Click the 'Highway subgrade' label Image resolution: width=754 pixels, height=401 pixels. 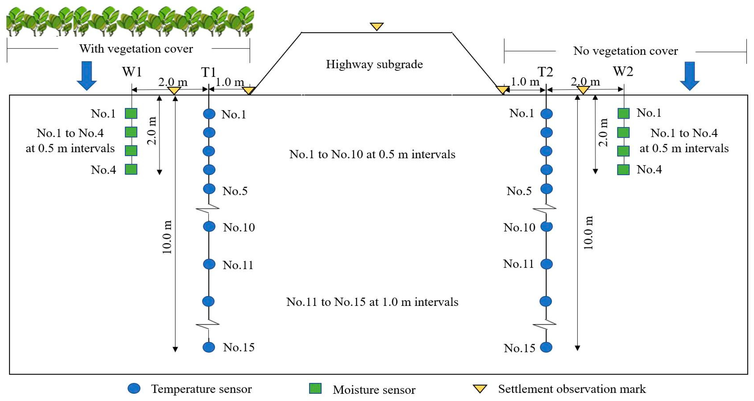[x=374, y=64]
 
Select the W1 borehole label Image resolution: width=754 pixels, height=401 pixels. [x=132, y=72]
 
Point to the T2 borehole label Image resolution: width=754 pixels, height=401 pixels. [x=545, y=72]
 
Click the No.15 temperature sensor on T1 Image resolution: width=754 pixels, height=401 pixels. [x=209, y=347]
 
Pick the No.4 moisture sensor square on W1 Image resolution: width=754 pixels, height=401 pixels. [x=131, y=169]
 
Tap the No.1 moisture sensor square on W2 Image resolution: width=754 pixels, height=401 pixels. [x=623, y=113]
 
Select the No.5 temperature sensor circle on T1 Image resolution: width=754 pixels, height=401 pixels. [x=209, y=189]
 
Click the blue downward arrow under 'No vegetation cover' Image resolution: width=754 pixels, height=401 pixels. [x=690, y=75]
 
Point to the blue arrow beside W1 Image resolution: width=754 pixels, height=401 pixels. [x=87, y=75]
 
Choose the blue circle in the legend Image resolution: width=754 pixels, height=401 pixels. [x=134, y=388]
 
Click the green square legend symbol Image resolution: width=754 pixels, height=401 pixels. [x=315, y=388]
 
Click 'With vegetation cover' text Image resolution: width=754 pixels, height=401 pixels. [x=136, y=49]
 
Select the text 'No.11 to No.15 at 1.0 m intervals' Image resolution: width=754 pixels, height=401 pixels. [x=372, y=302]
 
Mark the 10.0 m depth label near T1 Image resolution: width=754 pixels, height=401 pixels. [x=167, y=237]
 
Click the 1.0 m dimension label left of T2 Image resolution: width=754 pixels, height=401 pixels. [x=525, y=82]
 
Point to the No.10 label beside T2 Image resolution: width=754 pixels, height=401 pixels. [x=519, y=227]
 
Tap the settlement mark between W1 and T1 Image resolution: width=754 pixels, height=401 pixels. [x=174, y=90]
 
